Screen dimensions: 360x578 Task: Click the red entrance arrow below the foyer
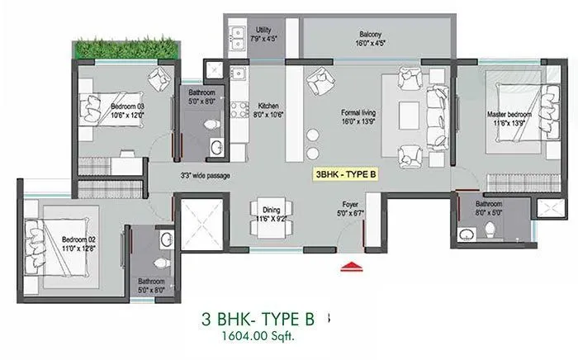[x=353, y=265]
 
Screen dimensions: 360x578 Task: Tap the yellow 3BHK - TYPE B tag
[x=350, y=174]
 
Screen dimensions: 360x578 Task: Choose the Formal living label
[x=358, y=116]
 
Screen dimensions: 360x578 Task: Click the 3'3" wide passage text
[x=205, y=175]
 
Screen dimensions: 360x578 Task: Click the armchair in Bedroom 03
[x=158, y=79]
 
